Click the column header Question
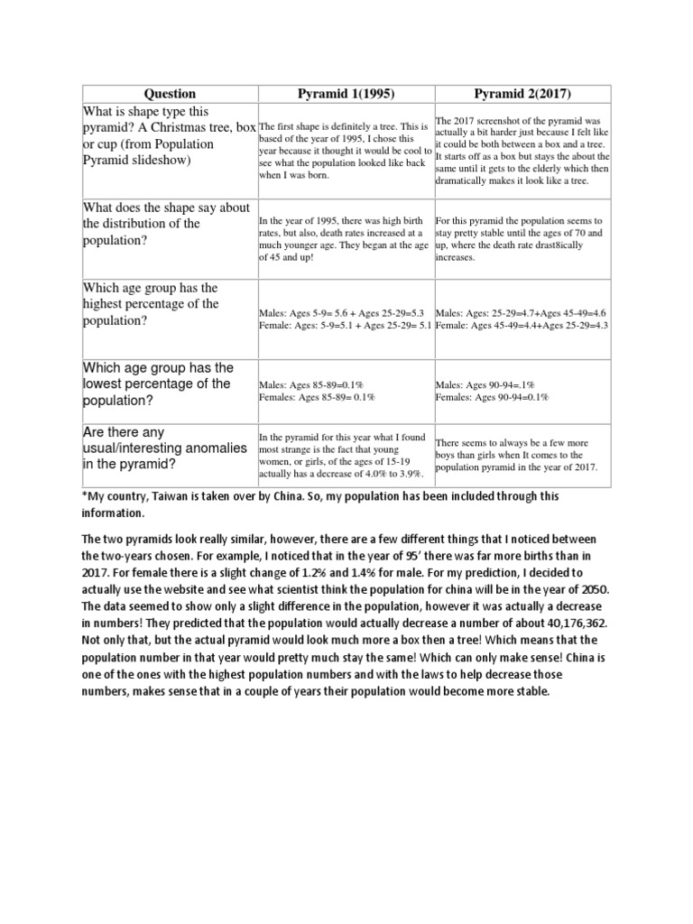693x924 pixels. click(170, 94)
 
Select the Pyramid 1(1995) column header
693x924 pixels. click(345, 94)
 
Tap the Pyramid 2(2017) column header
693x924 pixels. click(522, 94)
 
